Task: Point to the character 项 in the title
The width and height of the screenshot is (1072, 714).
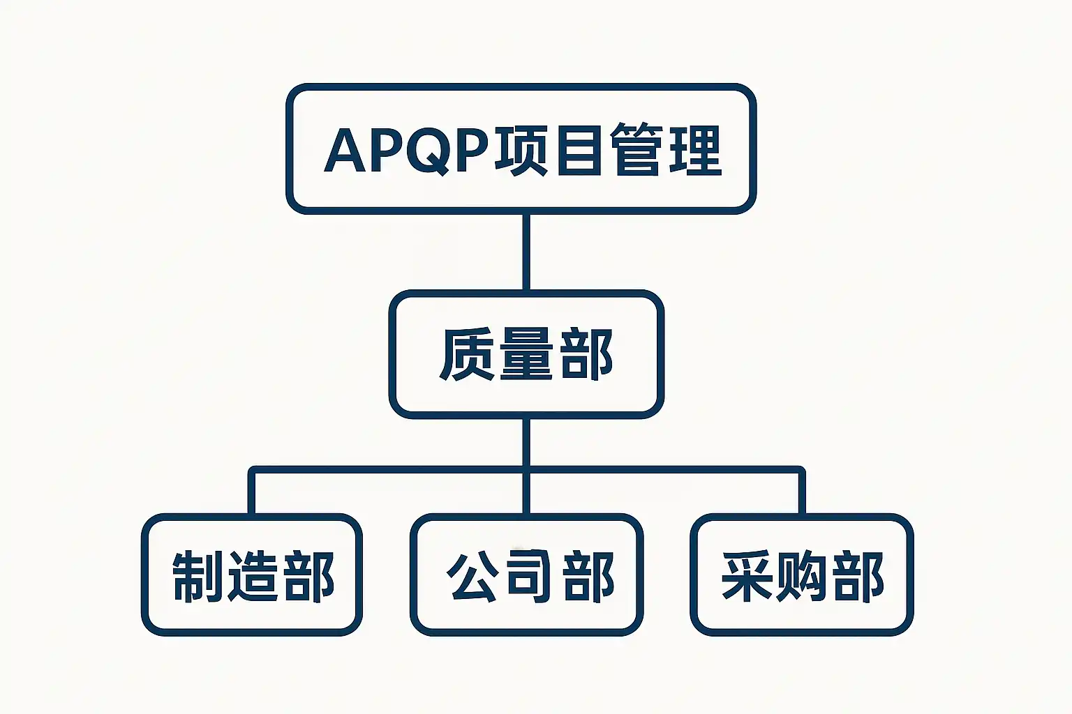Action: pyautogui.click(x=521, y=149)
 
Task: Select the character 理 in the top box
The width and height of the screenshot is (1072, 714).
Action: pyautogui.click(x=695, y=149)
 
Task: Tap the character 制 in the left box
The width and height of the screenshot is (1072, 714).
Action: pyautogui.click(x=198, y=576)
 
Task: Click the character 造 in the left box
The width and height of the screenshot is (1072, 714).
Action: pyautogui.click(x=253, y=576)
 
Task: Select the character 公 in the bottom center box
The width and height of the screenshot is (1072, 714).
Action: pyautogui.click(x=472, y=576)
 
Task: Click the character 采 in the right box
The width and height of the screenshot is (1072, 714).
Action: pyautogui.click(x=747, y=576)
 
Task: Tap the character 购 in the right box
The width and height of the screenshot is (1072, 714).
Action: pyautogui.click(x=803, y=576)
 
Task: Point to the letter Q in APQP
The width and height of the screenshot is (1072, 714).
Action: pyautogui.click(x=429, y=150)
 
